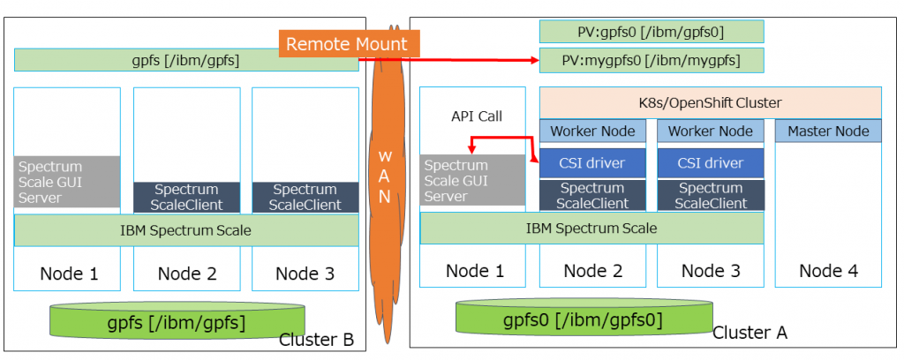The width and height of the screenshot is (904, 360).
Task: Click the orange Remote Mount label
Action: click(348, 44)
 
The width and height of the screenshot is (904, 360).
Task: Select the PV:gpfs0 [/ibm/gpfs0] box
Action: click(651, 32)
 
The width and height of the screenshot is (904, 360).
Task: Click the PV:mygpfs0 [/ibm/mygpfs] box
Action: click(651, 61)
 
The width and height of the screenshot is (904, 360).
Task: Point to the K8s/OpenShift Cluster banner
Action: click(710, 102)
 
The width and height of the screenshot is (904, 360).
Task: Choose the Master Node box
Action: click(828, 131)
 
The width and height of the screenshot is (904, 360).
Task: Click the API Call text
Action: click(476, 115)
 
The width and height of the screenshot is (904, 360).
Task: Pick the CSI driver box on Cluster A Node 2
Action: click(592, 162)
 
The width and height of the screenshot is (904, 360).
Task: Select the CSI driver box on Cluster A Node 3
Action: click(710, 162)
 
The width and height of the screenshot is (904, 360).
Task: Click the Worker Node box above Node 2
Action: click(592, 131)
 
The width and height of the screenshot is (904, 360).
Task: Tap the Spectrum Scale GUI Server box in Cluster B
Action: click(67, 182)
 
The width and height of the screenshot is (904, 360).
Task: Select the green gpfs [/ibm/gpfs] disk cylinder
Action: click(177, 323)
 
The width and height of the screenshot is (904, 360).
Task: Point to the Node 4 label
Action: click(828, 271)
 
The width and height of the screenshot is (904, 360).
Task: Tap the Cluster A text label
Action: click(750, 333)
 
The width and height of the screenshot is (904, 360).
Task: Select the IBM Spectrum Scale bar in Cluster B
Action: click(186, 230)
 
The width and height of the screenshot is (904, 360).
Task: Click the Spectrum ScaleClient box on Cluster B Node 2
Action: click(186, 197)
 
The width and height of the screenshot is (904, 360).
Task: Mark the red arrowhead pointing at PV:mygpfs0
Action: click(534, 60)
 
